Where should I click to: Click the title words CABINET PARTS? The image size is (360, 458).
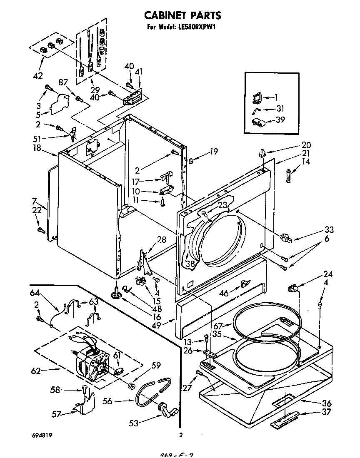click(x=182, y=15)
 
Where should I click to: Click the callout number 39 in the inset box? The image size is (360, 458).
click(x=280, y=120)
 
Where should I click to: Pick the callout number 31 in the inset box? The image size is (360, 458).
click(x=280, y=108)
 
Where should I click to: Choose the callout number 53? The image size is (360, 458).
click(x=133, y=423)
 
